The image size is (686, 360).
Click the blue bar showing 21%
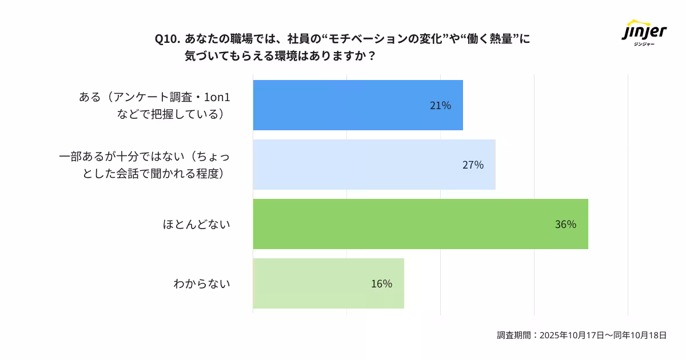click(x=358, y=105)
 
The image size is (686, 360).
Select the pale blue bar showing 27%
click(x=374, y=165)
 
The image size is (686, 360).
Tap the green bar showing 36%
click(x=420, y=224)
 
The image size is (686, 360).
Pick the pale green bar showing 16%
click(x=328, y=283)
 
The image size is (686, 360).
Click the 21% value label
click(x=440, y=106)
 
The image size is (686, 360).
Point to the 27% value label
click(x=473, y=165)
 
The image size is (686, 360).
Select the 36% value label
click(x=565, y=225)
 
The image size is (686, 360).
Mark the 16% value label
click(x=381, y=284)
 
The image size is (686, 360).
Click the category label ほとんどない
click(x=196, y=225)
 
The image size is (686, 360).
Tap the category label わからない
click(x=201, y=284)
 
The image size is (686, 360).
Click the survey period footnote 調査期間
click(x=514, y=335)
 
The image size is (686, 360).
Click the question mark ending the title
click(x=372, y=57)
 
